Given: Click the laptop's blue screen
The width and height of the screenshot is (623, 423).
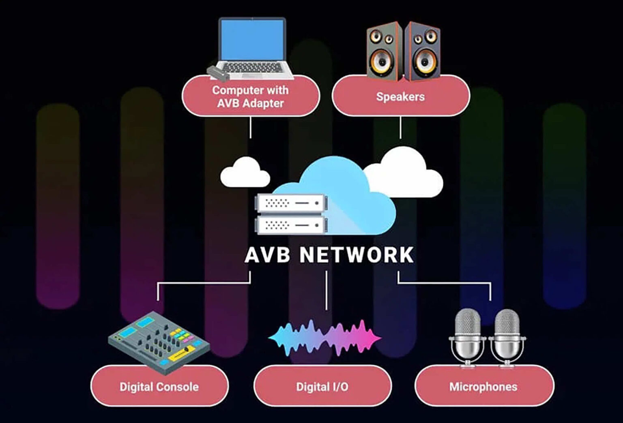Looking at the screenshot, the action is click(x=252, y=40).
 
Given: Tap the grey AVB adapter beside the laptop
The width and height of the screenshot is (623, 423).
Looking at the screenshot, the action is click(x=218, y=73).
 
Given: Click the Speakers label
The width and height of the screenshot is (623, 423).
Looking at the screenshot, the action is click(x=400, y=97).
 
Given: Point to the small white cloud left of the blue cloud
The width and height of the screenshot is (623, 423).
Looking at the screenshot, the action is click(x=245, y=172).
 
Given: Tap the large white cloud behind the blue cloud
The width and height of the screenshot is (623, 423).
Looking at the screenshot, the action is click(x=403, y=172).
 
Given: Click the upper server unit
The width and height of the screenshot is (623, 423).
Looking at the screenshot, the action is click(x=291, y=203).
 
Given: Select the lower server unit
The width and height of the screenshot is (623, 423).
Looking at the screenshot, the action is click(x=291, y=224).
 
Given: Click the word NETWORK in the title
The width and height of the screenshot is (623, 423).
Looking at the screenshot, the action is click(x=356, y=255).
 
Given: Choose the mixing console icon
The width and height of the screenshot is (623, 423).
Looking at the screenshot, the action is click(x=159, y=342).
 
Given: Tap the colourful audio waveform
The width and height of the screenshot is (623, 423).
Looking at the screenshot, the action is click(x=324, y=338).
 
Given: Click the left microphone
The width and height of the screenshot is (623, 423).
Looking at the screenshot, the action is click(x=467, y=338).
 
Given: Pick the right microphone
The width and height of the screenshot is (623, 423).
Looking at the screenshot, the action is click(x=507, y=338).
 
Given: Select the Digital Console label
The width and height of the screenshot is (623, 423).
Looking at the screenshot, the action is click(x=159, y=387).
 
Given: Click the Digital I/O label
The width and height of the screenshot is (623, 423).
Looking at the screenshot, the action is click(x=322, y=387).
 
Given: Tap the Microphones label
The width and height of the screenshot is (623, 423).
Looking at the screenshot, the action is click(x=483, y=387).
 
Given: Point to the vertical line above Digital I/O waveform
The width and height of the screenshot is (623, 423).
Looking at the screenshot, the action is click(x=326, y=291).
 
